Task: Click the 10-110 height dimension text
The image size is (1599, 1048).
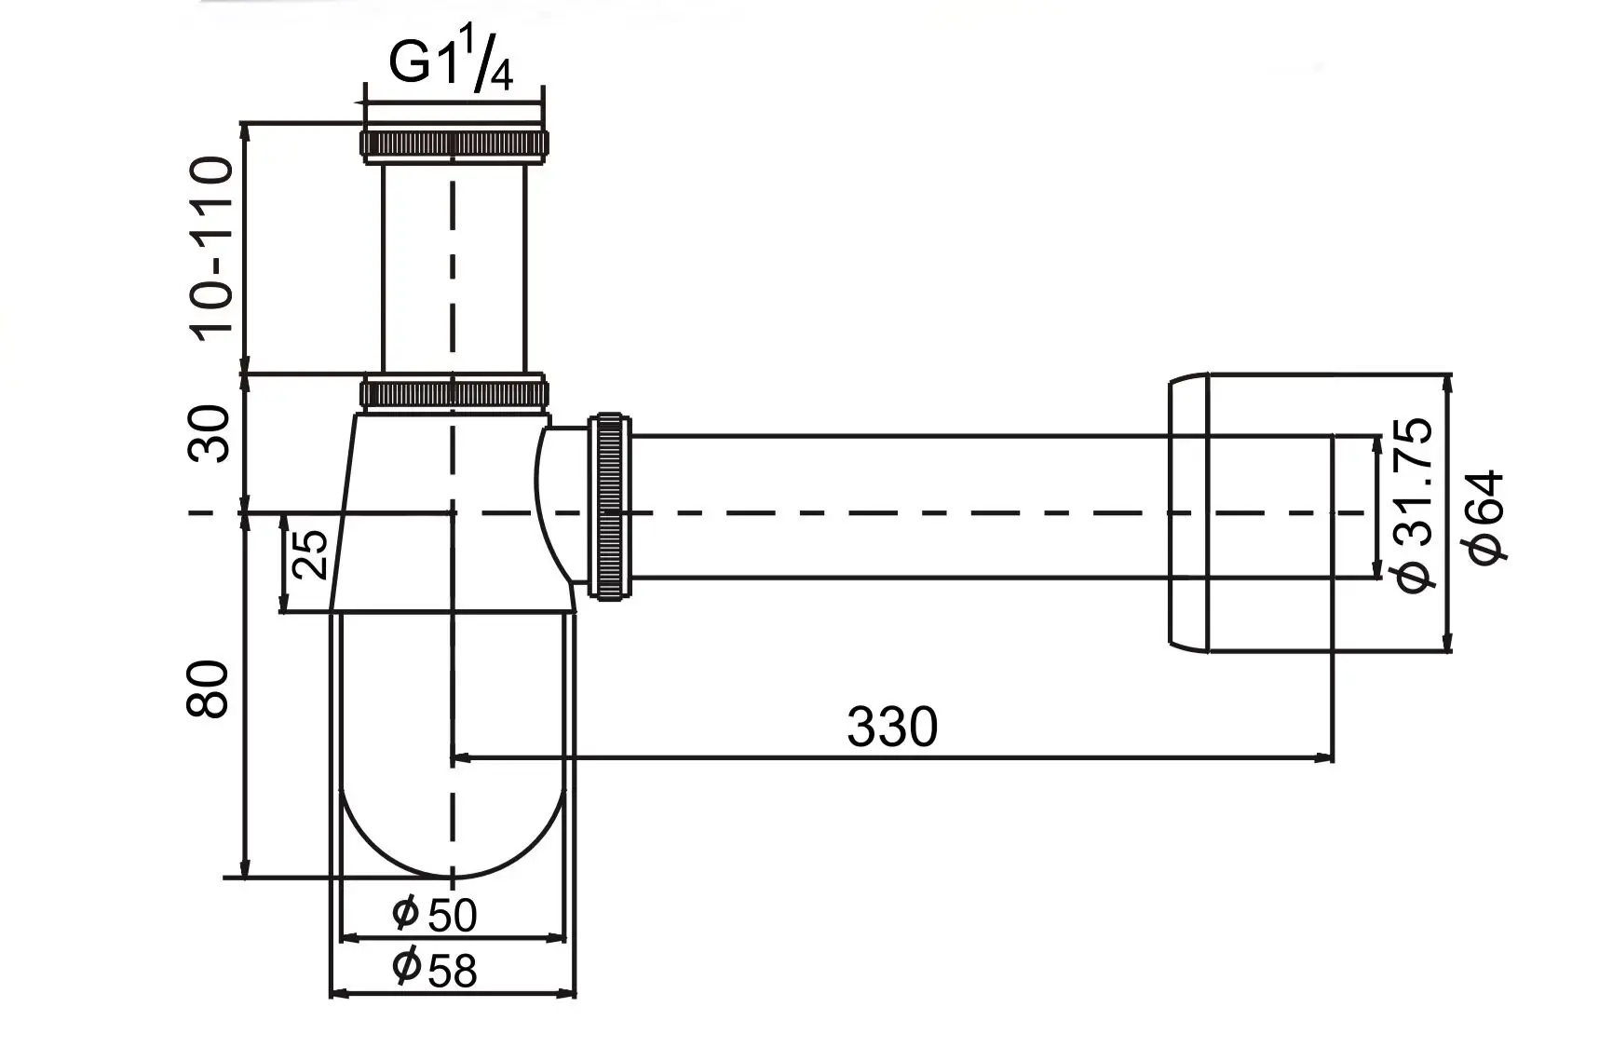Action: [x=211, y=250]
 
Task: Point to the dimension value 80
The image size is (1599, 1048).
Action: [x=210, y=689]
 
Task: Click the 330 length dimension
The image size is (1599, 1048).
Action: [x=891, y=728]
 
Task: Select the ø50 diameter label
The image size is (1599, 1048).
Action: [x=434, y=914]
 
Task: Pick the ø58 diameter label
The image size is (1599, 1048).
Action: [x=434, y=969]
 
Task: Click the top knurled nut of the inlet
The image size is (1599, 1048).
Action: [x=453, y=143]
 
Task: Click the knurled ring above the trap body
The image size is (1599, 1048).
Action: [x=453, y=392]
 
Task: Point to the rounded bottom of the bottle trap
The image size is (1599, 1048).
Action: [x=453, y=838]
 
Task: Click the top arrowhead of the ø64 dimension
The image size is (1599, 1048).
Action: [x=1445, y=382]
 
